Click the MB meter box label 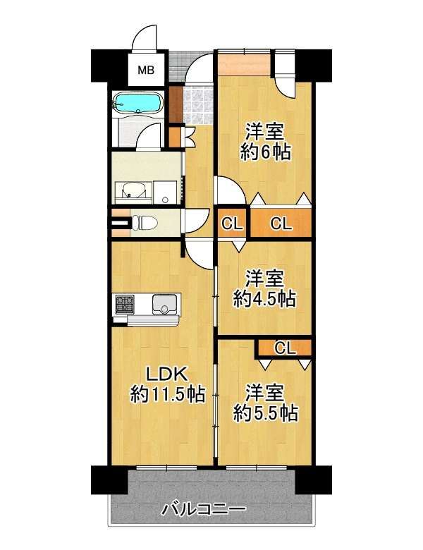point(146,70)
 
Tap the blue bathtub point(138,102)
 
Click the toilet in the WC point(144,222)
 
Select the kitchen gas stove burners point(125,303)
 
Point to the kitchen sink point(164,304)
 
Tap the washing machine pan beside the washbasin point(166,192)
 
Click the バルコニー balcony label point(204,508)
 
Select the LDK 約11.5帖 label point(168,384)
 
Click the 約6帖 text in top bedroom point(266,152)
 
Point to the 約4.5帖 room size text point(265,299)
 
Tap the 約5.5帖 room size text point(266,412)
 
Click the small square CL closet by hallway point(232,223)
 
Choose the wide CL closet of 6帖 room point(281,222)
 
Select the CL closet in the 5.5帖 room point(285,348)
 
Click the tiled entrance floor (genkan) point(198,106)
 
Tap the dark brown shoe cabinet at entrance point(176,104)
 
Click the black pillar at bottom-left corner point(109,480)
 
